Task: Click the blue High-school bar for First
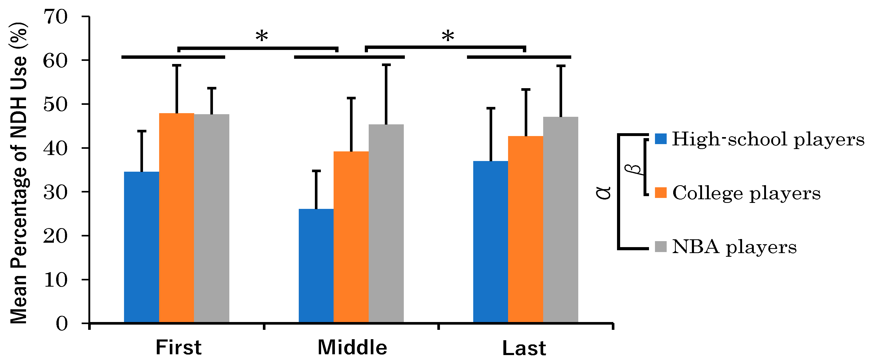click(141, 247)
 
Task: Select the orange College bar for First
click(177, 218)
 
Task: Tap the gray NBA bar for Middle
click(386, 223)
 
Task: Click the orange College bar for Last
click(525, 229)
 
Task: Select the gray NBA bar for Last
click(561, 220)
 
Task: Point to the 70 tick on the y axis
click(56, 17)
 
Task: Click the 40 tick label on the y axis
click(56, 148)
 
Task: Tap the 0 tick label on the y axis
click(61, 324)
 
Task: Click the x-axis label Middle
click(352, 348)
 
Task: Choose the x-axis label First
click(178, 348)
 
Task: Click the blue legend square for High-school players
click(661, 139)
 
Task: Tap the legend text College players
click(746, 193)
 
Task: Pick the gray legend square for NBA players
click(661, 247)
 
